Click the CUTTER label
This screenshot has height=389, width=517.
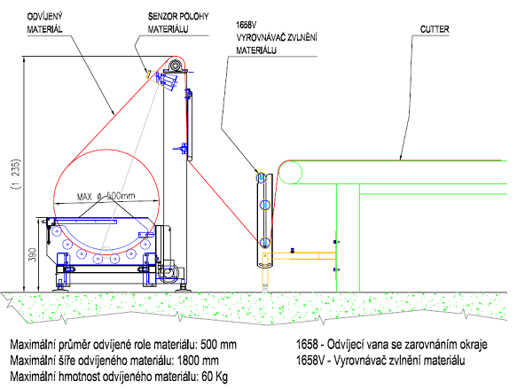(435, 29)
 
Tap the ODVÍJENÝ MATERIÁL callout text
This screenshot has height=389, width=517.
(45, 23)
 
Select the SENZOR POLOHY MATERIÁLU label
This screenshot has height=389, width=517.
(178, 23)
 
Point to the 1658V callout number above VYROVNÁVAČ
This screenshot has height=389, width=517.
(247, 25)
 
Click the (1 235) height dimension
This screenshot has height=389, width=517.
(16, 174)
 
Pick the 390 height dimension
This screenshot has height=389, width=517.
(33, 254)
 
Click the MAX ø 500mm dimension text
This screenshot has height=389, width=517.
(106, 197)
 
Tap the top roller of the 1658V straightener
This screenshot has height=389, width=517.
(262, 178)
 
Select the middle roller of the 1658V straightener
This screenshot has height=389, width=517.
(265, 205)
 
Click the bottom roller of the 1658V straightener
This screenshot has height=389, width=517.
(265, 243)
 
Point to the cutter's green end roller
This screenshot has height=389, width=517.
(290, 172)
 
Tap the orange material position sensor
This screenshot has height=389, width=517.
(149, 74)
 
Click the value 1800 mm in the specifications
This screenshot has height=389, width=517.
(198, 361)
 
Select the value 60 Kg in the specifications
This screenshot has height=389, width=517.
(215, 377)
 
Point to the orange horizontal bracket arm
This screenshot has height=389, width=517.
(299, 256)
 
